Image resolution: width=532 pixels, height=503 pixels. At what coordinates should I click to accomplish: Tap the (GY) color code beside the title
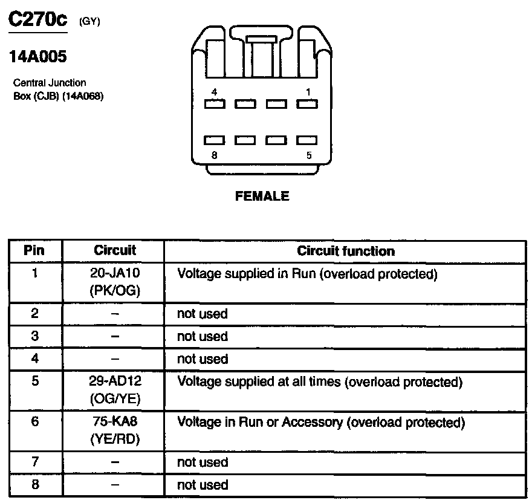(x=89, y=22)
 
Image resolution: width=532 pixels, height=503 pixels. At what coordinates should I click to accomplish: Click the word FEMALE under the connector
(x=262, y=196)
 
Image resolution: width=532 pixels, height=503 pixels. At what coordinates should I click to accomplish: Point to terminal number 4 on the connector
(x=215, y=92)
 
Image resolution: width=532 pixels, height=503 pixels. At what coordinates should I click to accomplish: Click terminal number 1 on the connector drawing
(x=308, y=92)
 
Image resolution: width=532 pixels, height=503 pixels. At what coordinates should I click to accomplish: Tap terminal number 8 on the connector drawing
(x=215, y=155)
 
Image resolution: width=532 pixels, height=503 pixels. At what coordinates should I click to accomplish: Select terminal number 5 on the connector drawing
(x=309, y=155)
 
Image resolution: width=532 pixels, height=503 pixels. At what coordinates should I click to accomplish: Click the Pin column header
(x=34, y=251)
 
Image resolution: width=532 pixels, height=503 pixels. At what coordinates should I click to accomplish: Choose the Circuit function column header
(x=346, y=251)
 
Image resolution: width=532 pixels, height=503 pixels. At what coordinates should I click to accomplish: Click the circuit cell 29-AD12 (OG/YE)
(x=115, y=391)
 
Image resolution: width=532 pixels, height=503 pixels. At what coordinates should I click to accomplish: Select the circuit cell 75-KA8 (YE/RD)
(x=115, y=430)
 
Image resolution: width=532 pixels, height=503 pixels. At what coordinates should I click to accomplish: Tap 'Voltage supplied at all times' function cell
(x=319, y=382)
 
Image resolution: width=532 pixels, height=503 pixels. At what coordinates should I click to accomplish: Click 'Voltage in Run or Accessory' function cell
(x=320, y=422)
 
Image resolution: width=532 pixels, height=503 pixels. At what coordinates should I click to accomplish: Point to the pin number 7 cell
(x=34, y=462)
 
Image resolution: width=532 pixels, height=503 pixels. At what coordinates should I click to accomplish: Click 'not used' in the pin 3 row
(x=202, y=337)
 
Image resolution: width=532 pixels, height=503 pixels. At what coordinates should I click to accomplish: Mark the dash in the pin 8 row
(x=115, y=485)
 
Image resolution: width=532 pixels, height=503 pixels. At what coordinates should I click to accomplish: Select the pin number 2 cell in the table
(x=34, y=314)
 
